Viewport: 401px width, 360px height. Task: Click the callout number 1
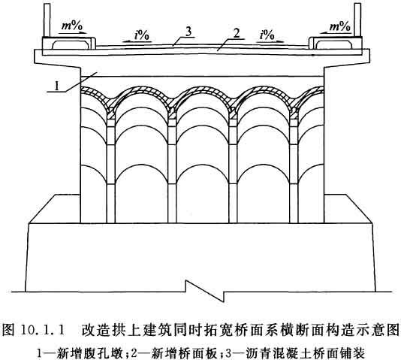click(x=56, y=86)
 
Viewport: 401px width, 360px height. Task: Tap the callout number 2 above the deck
click(x=237, y=34)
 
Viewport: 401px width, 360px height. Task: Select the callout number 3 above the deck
click(x=188, y=32)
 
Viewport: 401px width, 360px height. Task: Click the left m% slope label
click(x=72, y=26)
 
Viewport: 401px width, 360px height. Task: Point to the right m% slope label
click(x=340, y=26)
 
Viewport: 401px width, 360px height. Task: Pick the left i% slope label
click(x=142, y=35)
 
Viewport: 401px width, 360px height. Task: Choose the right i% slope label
click(x=267, y=35)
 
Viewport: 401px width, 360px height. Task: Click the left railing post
click(x=47, y=20)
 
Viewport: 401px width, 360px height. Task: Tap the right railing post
click(x=357, y=20)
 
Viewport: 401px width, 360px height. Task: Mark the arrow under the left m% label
click(x=72, y=33)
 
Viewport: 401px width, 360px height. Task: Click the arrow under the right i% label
click(x=270, y=41)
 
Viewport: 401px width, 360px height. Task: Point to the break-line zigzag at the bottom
click(x=205, y=291)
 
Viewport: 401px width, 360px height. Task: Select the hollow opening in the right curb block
click(x=333, y=45)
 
